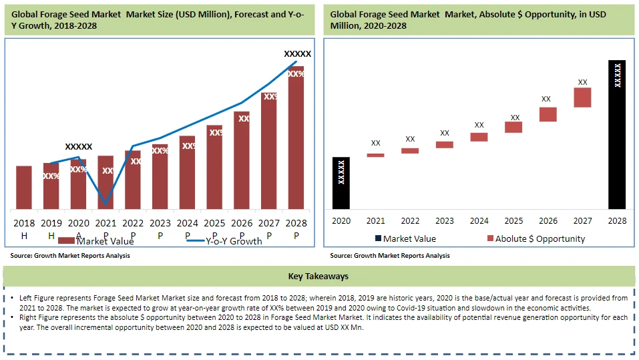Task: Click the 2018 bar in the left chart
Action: point(24,187)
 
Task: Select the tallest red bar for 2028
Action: point(296,140)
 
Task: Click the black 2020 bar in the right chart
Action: point(341,183)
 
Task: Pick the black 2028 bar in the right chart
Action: point(617,134)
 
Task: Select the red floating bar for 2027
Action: point(582,98)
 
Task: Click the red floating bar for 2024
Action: point(479,137)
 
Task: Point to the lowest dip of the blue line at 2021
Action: point(105,203)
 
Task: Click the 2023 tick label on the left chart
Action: point(160,223)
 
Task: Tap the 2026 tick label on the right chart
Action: point(548,221)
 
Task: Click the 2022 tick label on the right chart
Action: point(410,221)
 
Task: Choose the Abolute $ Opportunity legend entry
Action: point(540,238)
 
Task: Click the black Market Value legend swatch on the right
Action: point(378,238)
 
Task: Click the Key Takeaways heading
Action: point(318,276)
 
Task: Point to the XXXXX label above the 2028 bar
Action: point(297,53)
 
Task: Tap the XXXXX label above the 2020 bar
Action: point(79,146)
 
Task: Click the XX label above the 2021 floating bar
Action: point(375,143)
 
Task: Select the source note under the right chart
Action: point(390,256)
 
